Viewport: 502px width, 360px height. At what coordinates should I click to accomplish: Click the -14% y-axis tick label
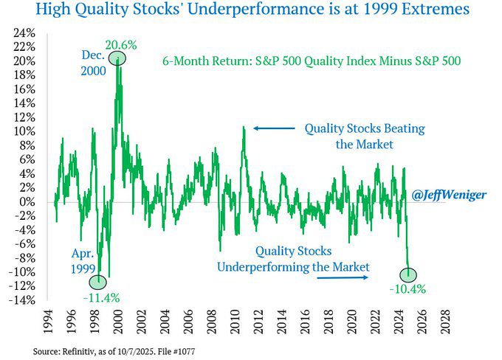point(24,300)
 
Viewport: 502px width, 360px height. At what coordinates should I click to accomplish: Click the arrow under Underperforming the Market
point(344,278)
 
